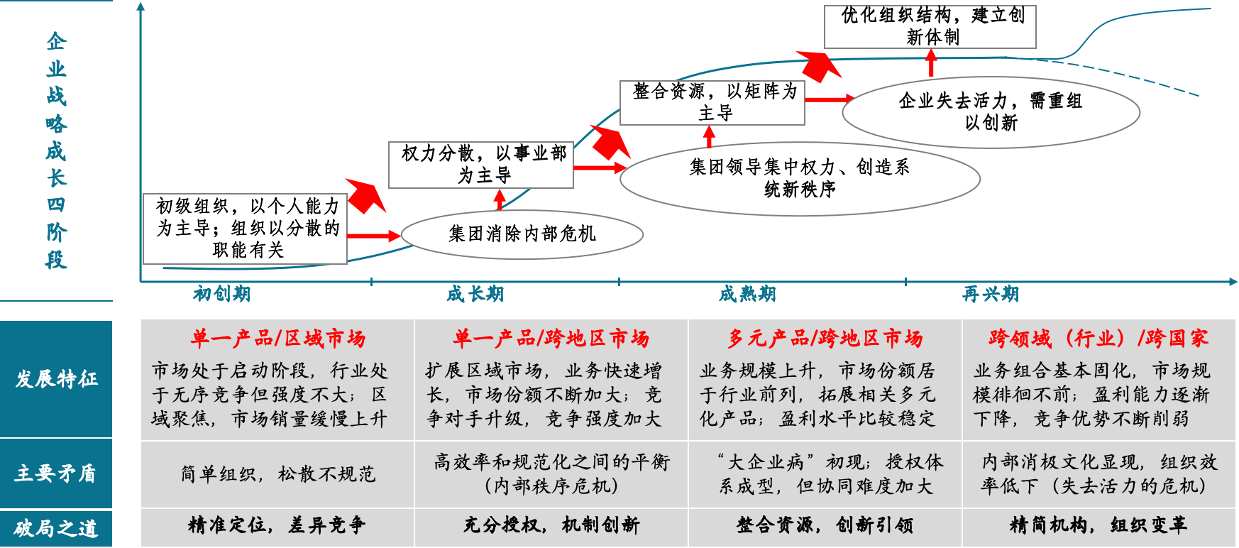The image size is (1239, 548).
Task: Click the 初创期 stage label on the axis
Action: click(221, 294)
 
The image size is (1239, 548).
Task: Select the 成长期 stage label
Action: click(475, 294)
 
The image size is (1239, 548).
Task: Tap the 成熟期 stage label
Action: click(747, 294)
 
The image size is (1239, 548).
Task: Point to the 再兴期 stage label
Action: click(990, 294)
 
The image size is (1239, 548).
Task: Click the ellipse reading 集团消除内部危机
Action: click(522, 234)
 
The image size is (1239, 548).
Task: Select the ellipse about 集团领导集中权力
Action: click(800, 178)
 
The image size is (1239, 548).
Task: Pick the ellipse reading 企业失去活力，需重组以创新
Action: click(991, 111)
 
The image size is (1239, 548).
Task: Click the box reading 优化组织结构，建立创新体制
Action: click(930, 26)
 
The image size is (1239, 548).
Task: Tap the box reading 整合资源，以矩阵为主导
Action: click(712, 102)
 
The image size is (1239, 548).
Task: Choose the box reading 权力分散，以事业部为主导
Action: click(481, 165)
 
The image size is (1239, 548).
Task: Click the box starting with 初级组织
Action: click(246, 229)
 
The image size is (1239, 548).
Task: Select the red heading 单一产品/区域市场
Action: click(277, 339)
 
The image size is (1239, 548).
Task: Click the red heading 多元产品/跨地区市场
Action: click(825, 339)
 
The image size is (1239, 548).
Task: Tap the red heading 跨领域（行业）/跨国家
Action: click(1098, 339)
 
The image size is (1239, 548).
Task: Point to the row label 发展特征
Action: click(56, 379)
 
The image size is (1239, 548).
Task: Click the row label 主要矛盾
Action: click(56, 473)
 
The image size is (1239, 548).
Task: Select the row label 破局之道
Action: click(56, 528)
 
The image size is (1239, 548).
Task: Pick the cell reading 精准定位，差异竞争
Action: click(277, 525)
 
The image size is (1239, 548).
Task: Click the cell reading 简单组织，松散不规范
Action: click(277, 474)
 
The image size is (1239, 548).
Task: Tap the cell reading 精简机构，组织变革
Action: click(1098, 525)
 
